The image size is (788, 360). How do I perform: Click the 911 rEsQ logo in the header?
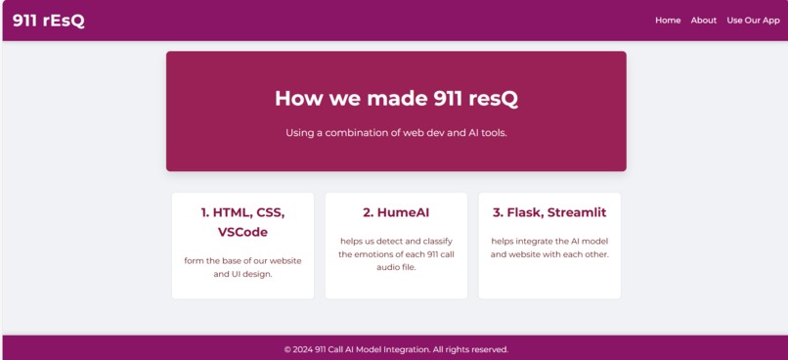pyautogui.click(x=48, y=21)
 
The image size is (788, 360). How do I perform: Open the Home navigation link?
pyautogui.click(x=668, y=21)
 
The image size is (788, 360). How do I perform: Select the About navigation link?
pyautogui.click(x=703, y=21)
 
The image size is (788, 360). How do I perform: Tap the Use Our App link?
pyautogui.click(x=753, y=21)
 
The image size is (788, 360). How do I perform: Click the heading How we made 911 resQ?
pyautogui.click(x=396, y=98)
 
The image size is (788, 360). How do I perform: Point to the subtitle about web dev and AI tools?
pyautogui.click(x=396, y=132)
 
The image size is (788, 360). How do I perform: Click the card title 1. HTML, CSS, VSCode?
pyautogui.click(x=242, y=222)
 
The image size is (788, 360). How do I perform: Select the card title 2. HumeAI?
pyautogui.click(x=396, y=212)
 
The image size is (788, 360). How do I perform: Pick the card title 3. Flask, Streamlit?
pyautogui.click(x=549, y=212)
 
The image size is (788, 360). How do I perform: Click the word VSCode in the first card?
pyautogui.click(x=242, y=233)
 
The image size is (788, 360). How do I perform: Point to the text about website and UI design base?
pyautogui.click(x=242, y=267)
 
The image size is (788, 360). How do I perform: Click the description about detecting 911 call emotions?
pyautogui.click(x=396, y=253)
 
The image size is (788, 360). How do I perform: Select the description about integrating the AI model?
pyautogui.click(x=549, y=247)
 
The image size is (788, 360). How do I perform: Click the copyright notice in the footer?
pyautogui.click(x=396, y=349)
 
